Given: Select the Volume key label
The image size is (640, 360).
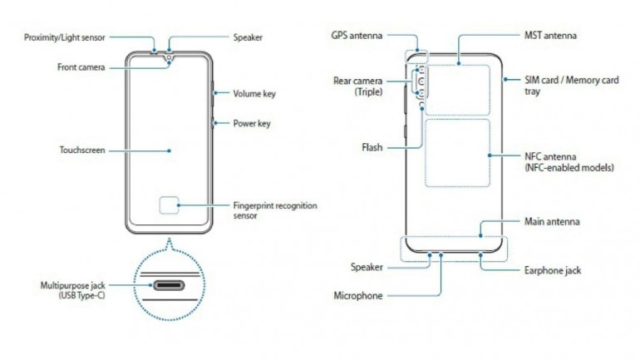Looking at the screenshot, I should click(x=254, y=94).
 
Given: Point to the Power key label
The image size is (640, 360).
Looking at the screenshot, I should click(x=252, y=124).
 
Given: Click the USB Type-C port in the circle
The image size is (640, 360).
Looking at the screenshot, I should click(x=171, y=284).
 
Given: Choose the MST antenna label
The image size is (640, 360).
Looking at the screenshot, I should click(x=550, y=37).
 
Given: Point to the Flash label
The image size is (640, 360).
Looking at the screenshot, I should click(x=372, y=148).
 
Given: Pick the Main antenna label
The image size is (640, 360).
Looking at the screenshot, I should click(x=552, y=222).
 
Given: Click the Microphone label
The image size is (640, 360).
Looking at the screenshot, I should click(x=357, y=295).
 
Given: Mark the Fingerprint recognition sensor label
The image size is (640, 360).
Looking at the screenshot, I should click(x=274, y=210).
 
